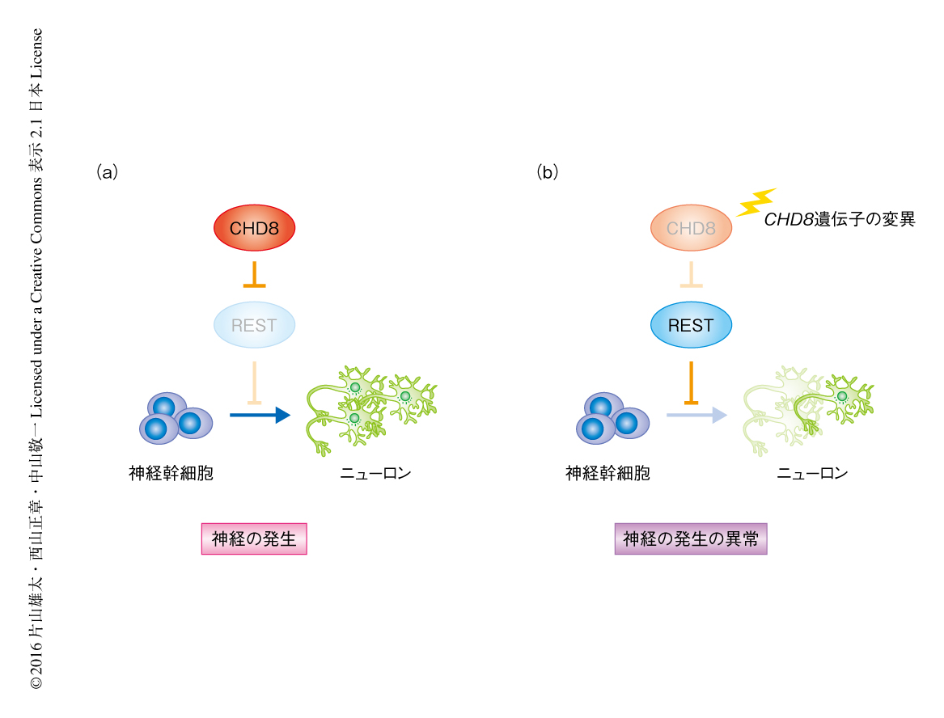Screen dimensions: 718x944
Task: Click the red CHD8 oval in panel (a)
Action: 254,228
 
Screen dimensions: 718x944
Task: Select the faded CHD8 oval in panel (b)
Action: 691,228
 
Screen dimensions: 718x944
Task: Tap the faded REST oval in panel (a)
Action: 254,326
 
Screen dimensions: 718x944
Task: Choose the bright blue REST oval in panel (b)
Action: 691,325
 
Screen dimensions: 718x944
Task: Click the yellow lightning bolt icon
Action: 756,202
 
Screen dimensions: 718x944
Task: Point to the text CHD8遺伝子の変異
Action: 839,219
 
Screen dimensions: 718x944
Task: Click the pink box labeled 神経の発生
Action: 254,539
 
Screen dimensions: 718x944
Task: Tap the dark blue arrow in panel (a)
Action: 259,416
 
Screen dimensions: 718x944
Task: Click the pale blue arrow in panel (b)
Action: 696,416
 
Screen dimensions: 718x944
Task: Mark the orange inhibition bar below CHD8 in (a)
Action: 254,275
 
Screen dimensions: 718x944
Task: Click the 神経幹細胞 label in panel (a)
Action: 171,473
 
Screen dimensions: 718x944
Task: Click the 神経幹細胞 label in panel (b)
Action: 607,473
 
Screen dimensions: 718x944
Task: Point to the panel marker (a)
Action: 107,172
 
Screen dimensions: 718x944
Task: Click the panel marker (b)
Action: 547,172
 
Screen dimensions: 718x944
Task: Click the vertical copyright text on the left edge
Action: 36,359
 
